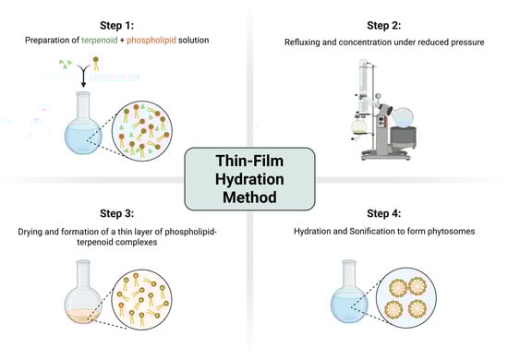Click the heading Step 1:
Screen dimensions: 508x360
click(116, 25)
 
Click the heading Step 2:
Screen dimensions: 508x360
click(384, 25)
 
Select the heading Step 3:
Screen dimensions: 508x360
click(116, 213)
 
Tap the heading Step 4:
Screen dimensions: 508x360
click(384, 213)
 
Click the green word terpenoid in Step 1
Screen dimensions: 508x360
click(100, 40)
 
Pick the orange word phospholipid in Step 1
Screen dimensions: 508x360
click(151, 40)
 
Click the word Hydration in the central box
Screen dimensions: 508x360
click(249, 179)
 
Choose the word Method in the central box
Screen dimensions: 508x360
click(249, 198)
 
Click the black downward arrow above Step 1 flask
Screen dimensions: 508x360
click(83, 76)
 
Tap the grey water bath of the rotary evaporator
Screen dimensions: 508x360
click(403, 138)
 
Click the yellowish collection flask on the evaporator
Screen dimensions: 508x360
click(359, 126)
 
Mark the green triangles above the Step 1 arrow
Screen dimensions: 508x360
click(66, 64)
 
